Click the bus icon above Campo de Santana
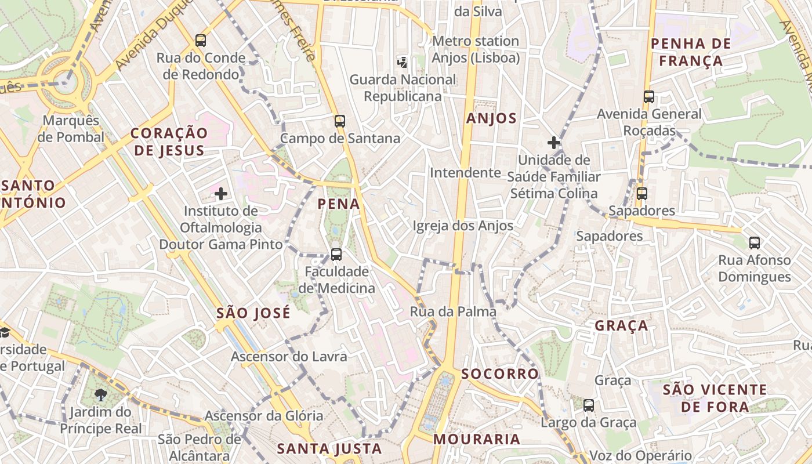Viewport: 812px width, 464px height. point(340,121)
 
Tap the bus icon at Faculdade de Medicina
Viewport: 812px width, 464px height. point(336,254)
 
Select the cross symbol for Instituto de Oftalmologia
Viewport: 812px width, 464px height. point(221,194)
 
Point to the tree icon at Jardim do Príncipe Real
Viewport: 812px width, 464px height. point(101,396)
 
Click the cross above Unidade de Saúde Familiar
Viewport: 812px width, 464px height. point(554,142)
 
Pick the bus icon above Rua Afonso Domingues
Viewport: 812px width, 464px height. point(754,242)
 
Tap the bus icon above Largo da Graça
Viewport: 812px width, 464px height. point(589,405)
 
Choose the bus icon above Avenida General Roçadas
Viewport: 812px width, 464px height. point(649,97)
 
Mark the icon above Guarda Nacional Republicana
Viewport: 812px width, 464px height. point(402,61)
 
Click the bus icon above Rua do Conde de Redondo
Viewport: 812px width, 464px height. point(201,41)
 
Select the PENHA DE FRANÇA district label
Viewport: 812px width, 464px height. point(687,52)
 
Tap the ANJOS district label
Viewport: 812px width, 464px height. point(491,119)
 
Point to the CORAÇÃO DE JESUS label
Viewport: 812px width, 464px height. point(168,142)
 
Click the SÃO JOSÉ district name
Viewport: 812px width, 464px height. point(253,314)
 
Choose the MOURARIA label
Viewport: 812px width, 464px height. point(477,439)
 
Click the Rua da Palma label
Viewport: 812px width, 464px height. point(453,311)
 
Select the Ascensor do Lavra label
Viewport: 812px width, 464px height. point(289,356)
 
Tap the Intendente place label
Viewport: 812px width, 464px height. point(465,172)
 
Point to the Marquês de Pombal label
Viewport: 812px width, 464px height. point(71,129)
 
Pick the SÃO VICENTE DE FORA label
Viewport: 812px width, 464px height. point(715,398)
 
